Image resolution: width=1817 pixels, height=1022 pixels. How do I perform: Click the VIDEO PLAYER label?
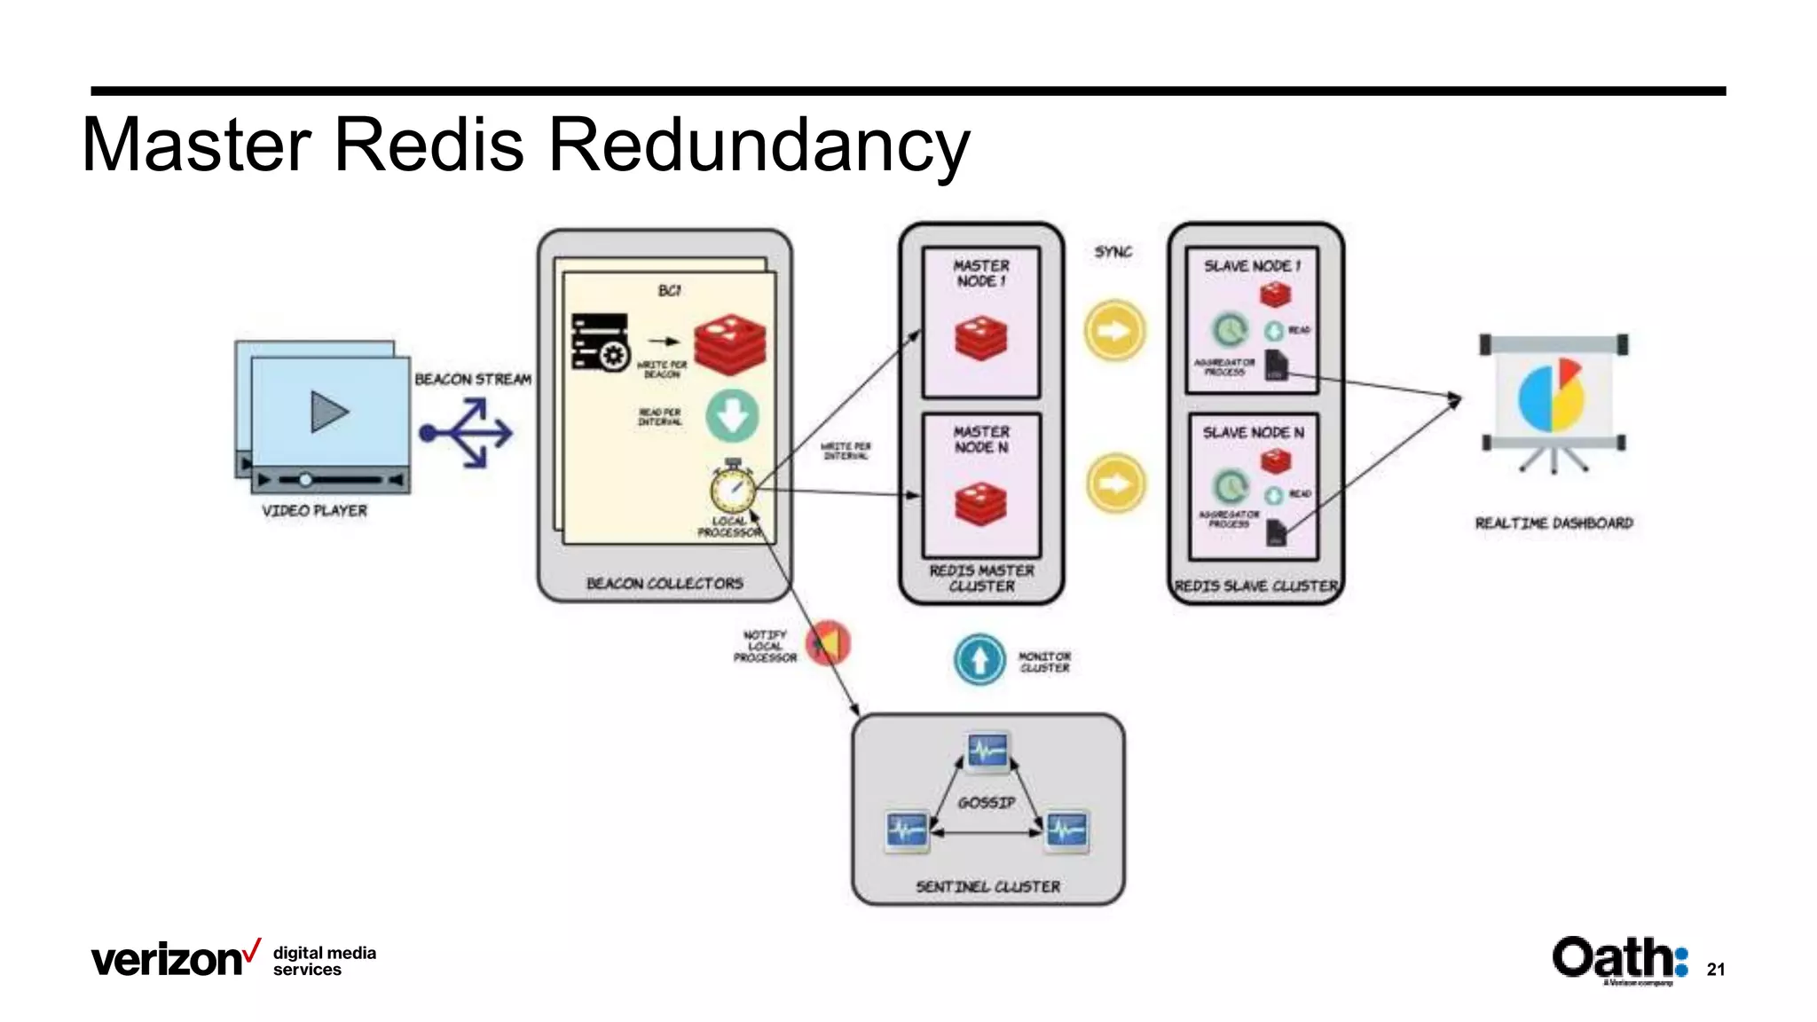point(314,511)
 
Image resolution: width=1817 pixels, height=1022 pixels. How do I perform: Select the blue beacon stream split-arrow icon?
point(467,433)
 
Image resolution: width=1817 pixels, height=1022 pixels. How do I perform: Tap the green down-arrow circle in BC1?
point(732,415)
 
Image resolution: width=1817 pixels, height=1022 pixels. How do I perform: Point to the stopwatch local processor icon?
point(733,487)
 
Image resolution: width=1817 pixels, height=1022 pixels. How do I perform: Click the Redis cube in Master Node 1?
point(980,339)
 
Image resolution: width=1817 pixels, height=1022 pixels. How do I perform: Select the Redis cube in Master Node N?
point(980,504)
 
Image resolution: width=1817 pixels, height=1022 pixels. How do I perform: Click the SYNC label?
point(1113,252)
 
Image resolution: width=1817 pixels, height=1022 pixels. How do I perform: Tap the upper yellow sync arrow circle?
point(1114,331)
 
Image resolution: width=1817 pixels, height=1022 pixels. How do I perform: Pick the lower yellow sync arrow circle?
point(1115,483)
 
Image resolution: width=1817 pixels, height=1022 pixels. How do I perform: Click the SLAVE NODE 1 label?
point(1251,266)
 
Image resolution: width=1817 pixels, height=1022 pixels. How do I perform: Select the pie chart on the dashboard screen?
point(1552,396)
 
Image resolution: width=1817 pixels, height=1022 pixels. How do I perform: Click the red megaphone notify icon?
point(828,643)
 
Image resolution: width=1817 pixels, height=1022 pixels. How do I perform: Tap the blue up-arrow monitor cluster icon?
point(979,660)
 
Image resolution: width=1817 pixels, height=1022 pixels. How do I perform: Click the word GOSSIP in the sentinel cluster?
point(986,803)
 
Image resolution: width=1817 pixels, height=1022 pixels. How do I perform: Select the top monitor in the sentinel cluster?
point(987,751)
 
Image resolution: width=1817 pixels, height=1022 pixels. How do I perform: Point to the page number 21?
point(1716,970)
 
